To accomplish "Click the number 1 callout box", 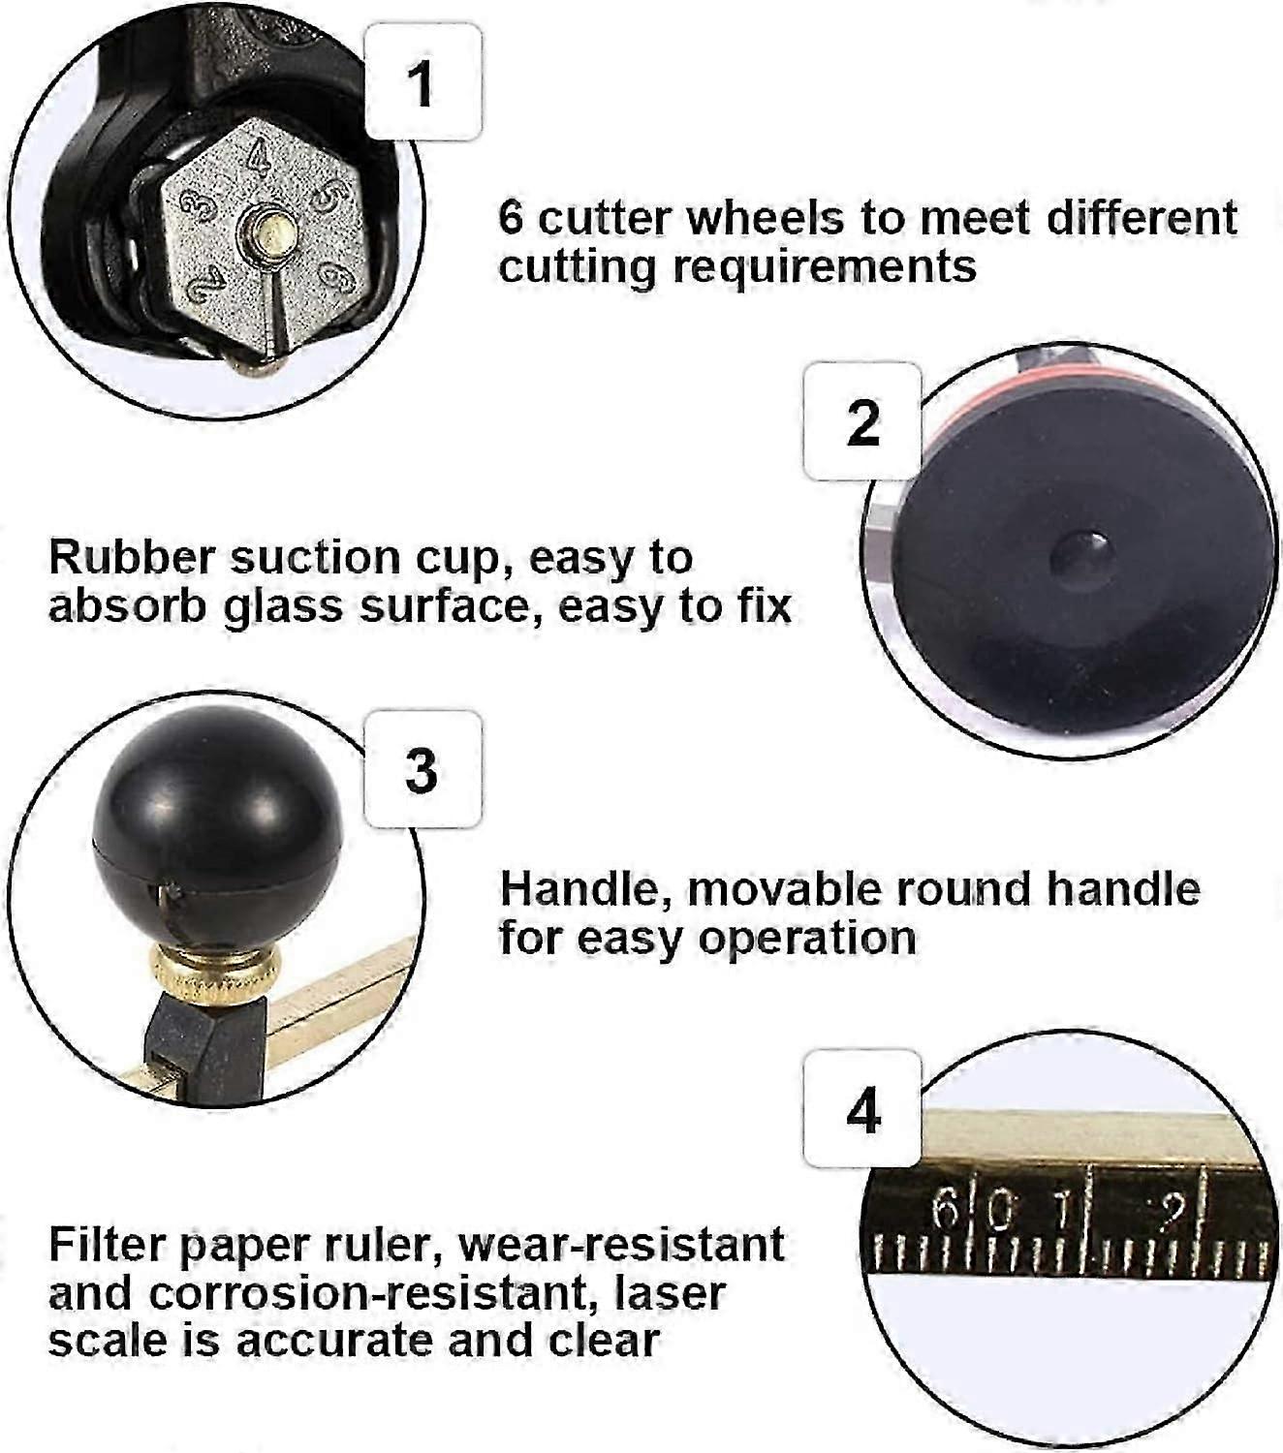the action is pos(423,81).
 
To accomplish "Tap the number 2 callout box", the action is pos(862,421).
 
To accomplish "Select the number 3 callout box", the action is pos(423,769).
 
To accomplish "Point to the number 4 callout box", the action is pos(862,1109).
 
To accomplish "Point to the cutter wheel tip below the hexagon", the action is pos(259,366).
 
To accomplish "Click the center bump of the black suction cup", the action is pos(1081,554).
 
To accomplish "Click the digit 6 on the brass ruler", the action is pos(946,1209).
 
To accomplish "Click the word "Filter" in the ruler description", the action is pos(107,1246).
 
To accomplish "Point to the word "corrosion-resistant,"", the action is pos(375,1294).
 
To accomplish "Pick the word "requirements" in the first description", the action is pos(825,266).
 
